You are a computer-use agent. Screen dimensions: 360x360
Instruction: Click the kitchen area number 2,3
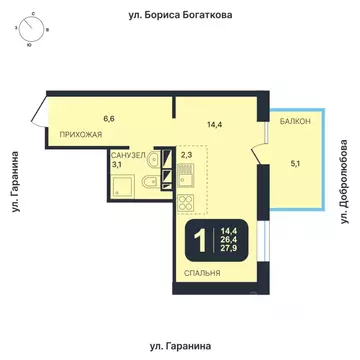coord(187,154)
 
